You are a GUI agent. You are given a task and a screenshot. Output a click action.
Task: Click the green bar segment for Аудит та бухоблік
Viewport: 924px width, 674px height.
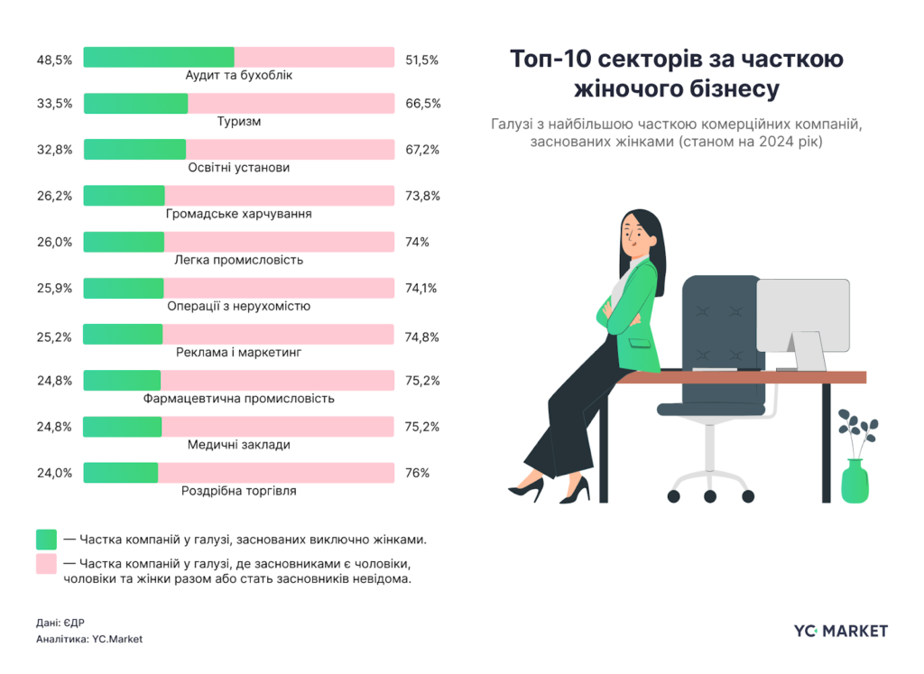click(x=159, y=58)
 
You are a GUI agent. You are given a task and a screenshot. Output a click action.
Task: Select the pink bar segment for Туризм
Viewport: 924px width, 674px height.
click(x=291, y=104)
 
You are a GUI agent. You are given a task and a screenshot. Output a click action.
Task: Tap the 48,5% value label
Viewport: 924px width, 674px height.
click(x=54, y=60)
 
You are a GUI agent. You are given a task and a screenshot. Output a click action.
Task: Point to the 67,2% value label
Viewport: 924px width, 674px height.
click(x=422, y=150)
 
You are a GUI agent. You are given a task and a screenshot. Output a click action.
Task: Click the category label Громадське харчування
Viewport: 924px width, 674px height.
click(x=239, y=214)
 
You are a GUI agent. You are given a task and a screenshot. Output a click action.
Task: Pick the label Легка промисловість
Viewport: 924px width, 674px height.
click(x=239, y=260)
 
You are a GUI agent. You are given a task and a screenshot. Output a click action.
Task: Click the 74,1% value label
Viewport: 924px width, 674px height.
click(x=422, y=289)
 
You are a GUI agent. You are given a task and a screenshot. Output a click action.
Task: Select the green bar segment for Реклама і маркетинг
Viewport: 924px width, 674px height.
click(x=123, y=335)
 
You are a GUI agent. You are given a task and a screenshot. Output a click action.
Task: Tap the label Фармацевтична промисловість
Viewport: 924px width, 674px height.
click(x=239, y=398)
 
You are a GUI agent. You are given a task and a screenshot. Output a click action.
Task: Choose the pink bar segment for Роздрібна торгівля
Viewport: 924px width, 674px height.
click(x=275, y=473)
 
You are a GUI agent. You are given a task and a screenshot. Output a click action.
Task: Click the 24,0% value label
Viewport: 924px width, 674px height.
click(x=54, y=473)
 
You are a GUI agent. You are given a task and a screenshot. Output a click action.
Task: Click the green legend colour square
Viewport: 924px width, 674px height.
click(x=46, y=540)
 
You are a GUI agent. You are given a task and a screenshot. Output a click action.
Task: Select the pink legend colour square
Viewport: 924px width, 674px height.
click(x=46, y=564)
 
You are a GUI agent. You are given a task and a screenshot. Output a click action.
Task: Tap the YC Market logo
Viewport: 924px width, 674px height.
click(x=840, y=631)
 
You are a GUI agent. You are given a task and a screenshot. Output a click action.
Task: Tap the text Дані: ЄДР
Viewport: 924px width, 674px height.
click(x=60, y=622)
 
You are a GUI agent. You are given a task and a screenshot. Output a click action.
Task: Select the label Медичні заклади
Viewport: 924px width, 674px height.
click(x=239, y=445)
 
